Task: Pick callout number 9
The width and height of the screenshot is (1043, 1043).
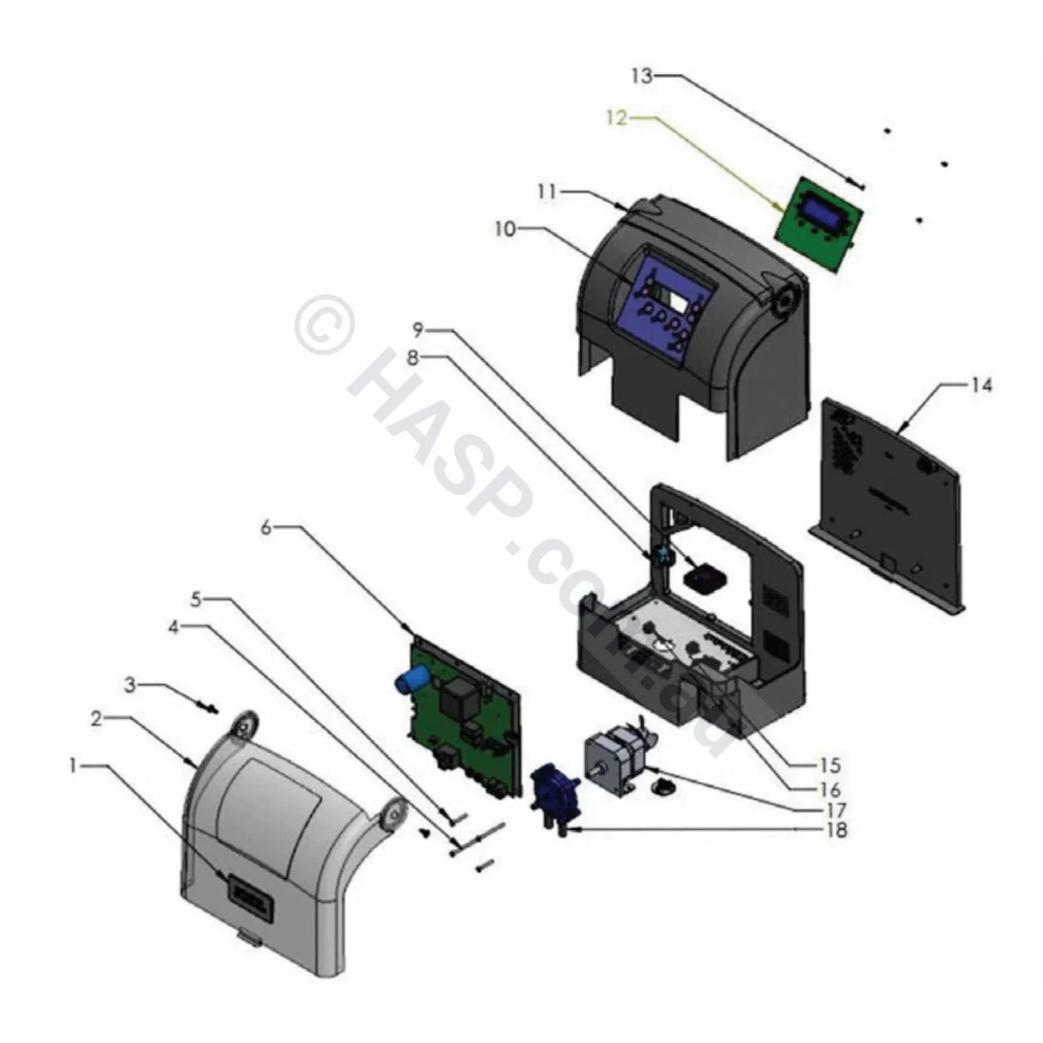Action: (x=418, y=329)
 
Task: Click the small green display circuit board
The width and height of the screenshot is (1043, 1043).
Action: (x=814, y=214)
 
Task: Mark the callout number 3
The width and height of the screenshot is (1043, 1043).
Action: (x=131, y=685)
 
